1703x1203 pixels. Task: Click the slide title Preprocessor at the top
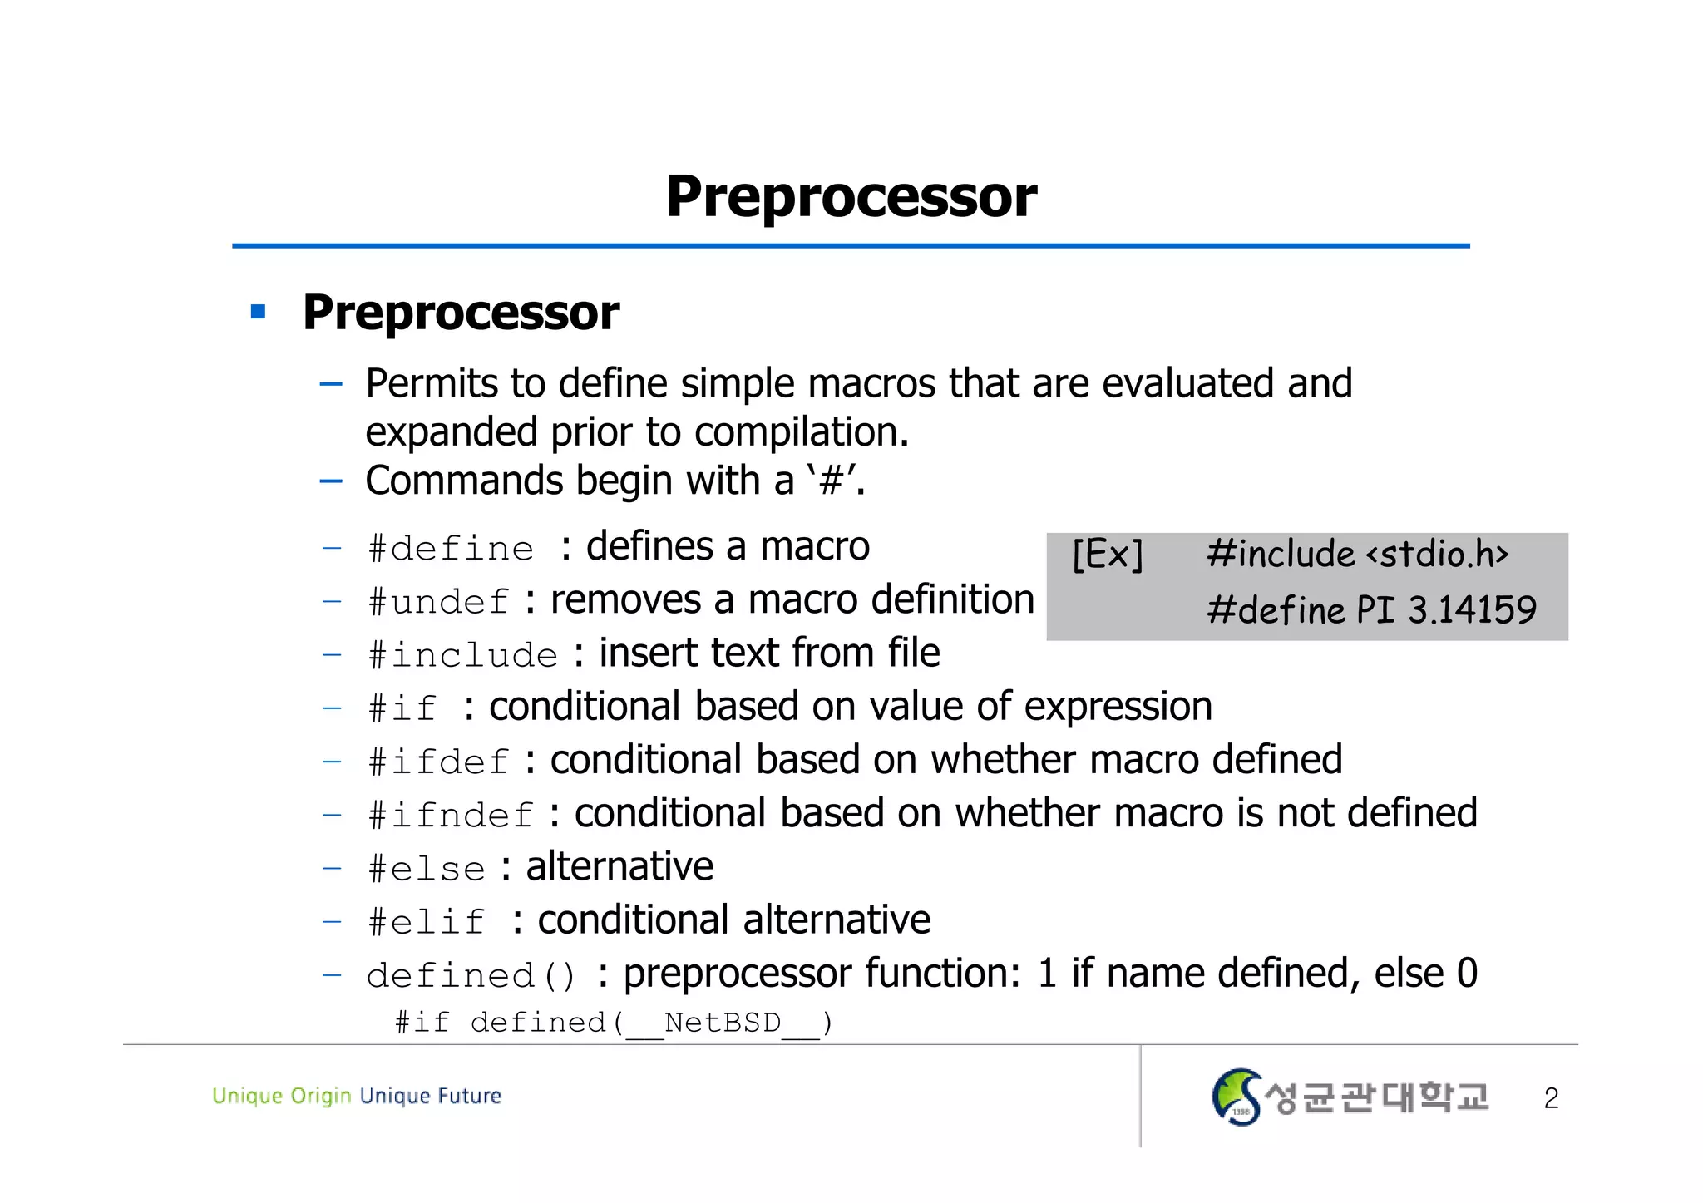pyautogui.click(x=851, y=197)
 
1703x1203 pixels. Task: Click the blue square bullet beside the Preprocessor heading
pyautogui.click(x=258, y=313)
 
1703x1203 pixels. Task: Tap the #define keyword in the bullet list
pyautogui.click(x=451, y=549)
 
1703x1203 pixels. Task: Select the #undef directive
pyautogui.click(x=438, y=602)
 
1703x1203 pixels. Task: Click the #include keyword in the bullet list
pyautogui.click(x=462, y=655)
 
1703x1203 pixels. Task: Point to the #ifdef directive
pyautogui.click(x=438, y=762)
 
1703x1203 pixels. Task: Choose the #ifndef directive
pyautogui.click(x=450, y=815)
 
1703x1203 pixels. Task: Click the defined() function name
pyautogui.click(x=471, y=975)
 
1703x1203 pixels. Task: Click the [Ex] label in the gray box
pyautogui.click(x=1108, y=554)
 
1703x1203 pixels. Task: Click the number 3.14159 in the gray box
pyautogui.click(x=1472, y=610)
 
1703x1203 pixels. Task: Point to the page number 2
pyautogui.click(x=1551, y=1098)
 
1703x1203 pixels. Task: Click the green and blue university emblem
pyautogui.click(x=1236, y=1097)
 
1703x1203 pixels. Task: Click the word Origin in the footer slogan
pyautogui.click(x=321, y=1096)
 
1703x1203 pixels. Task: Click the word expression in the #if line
pyautogui.click(x=1118, y=707)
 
